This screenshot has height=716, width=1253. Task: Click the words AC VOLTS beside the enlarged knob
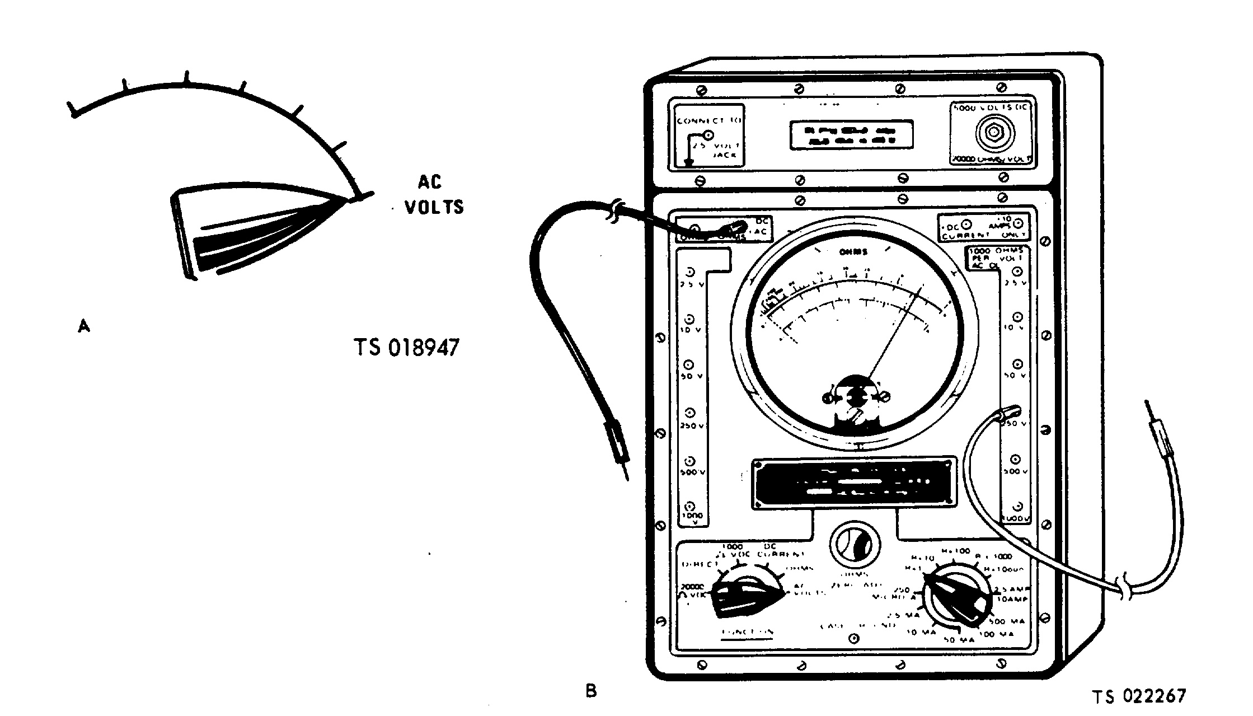coord(434,195)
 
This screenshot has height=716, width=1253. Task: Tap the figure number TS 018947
coord(406,347)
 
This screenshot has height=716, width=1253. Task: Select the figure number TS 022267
coord(1139,696)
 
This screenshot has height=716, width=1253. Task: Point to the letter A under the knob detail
coord(83,325)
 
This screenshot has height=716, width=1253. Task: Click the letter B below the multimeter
coord(591,691)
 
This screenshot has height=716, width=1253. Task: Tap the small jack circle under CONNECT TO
coord(708,135)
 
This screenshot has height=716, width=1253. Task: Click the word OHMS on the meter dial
coord(853,252)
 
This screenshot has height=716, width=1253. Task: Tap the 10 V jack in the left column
coord(689,319)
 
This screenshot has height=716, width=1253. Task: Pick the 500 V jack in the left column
coord(690,462)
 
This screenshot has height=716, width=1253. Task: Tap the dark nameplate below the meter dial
coord(853,483)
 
